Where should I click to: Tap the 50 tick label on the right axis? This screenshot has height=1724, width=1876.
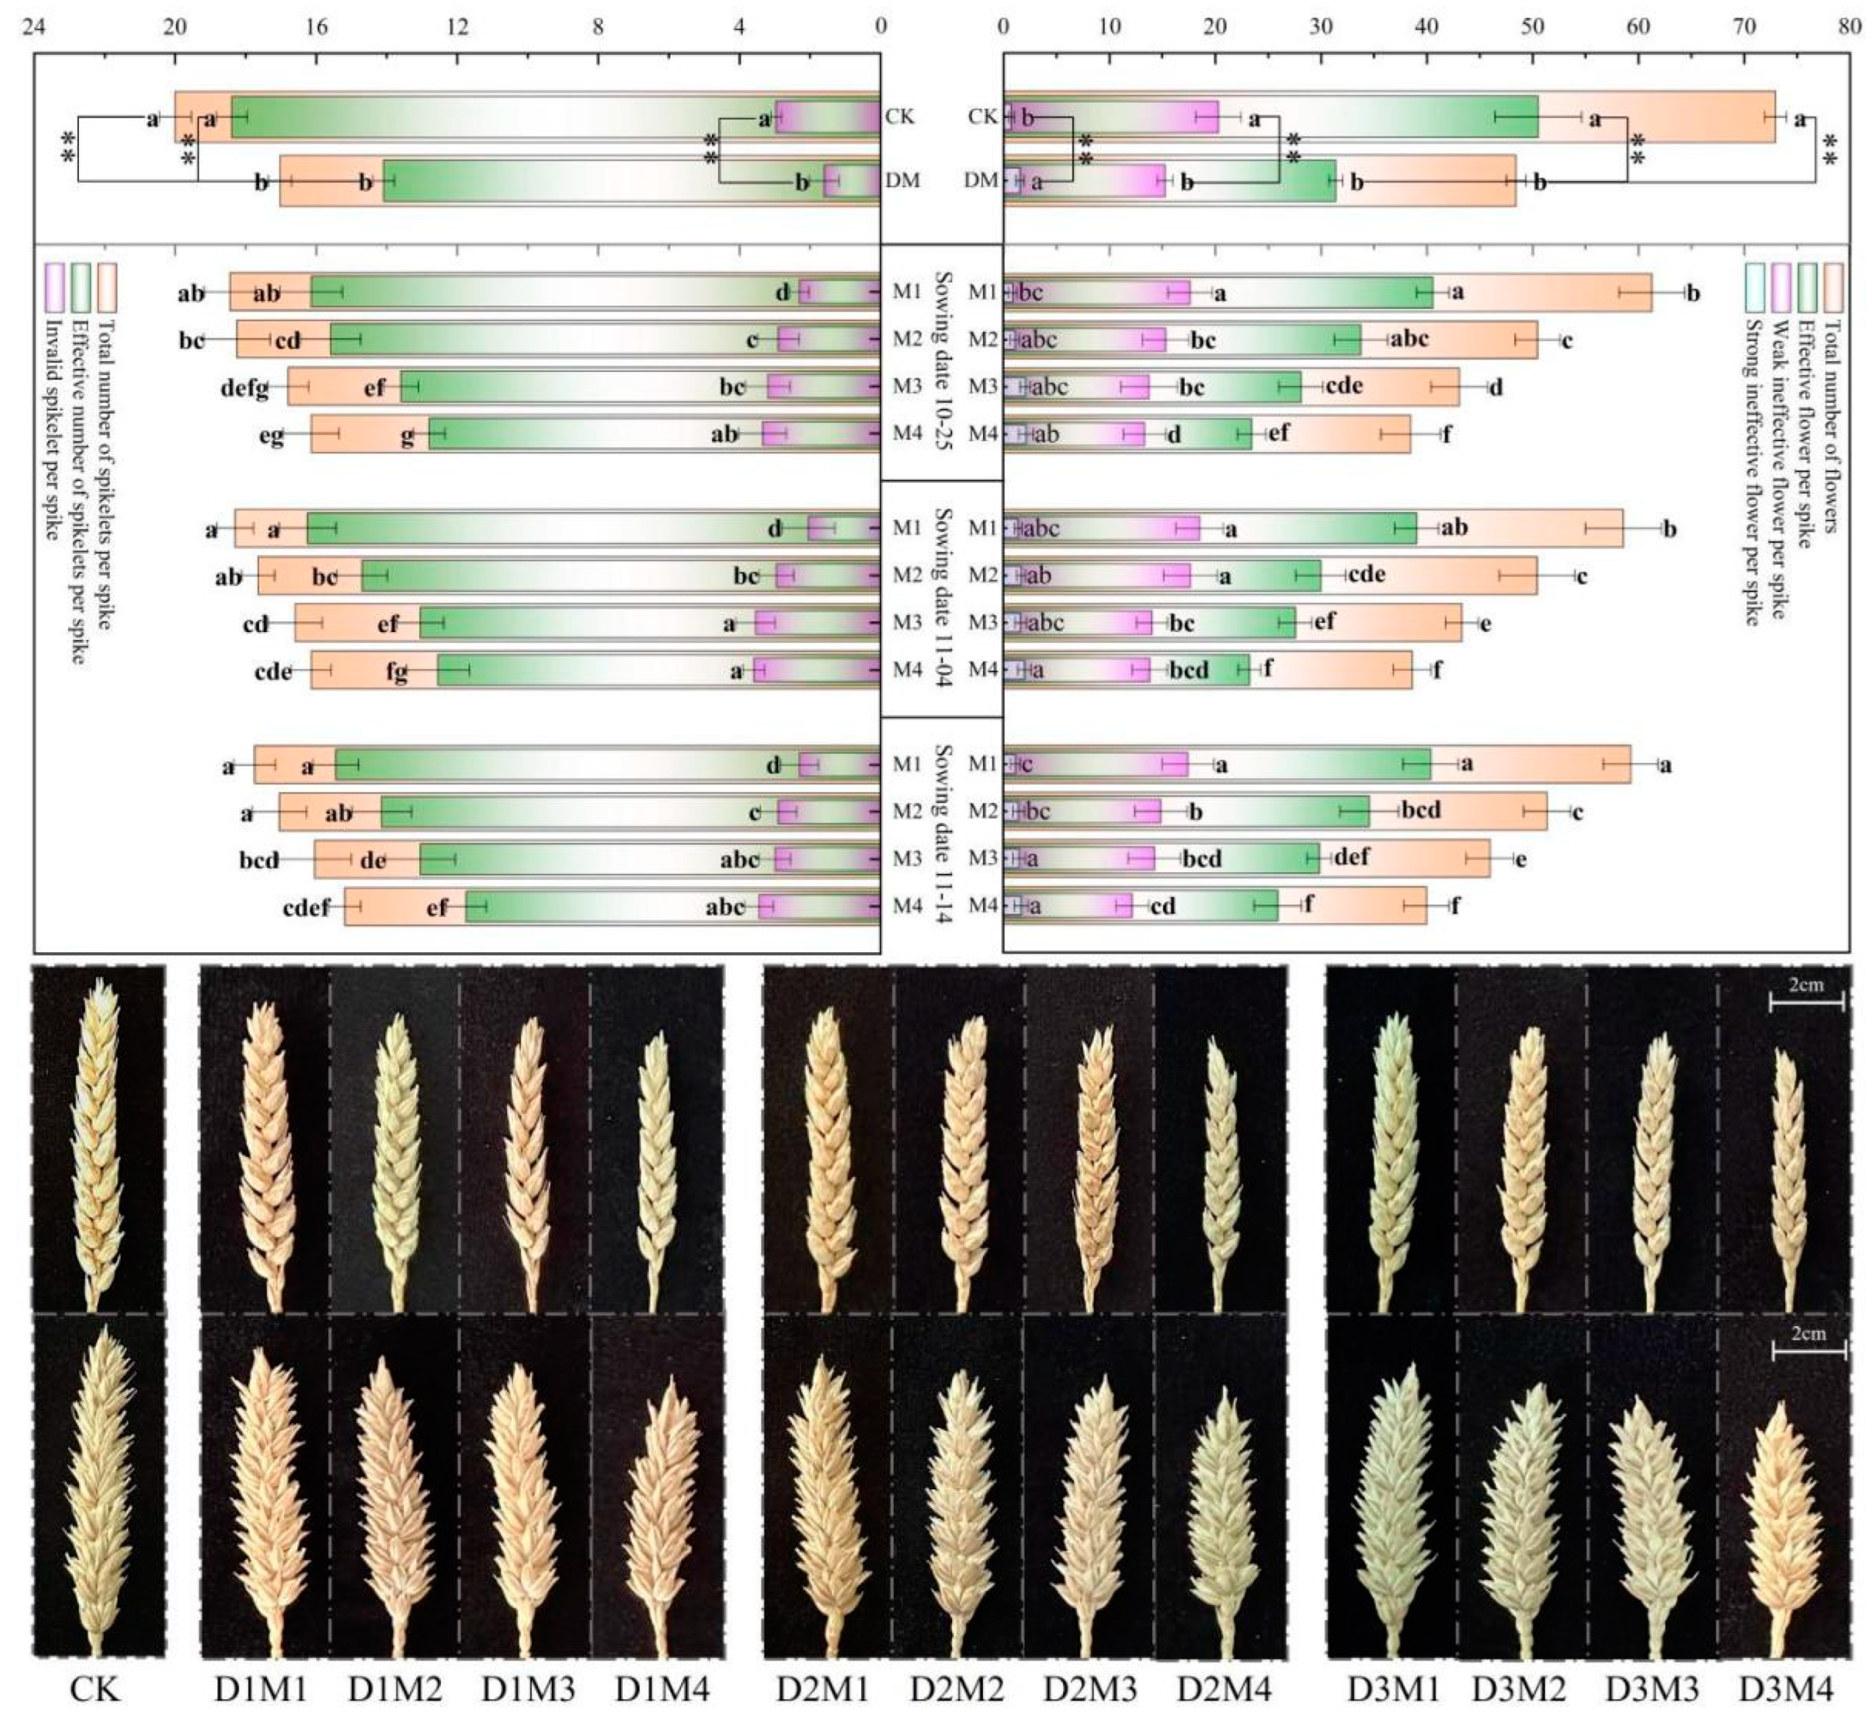(1533, 27)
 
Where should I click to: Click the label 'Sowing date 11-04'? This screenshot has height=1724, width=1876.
(942, 598)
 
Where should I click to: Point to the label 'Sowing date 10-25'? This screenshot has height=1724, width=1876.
(942, 362)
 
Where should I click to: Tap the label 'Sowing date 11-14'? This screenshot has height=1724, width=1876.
(942, 834)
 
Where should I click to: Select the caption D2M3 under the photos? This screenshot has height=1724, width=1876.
(1089, 1689)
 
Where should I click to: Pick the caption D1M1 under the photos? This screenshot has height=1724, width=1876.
(262, 1689)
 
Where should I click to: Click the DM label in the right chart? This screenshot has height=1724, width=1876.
(980, 180)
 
